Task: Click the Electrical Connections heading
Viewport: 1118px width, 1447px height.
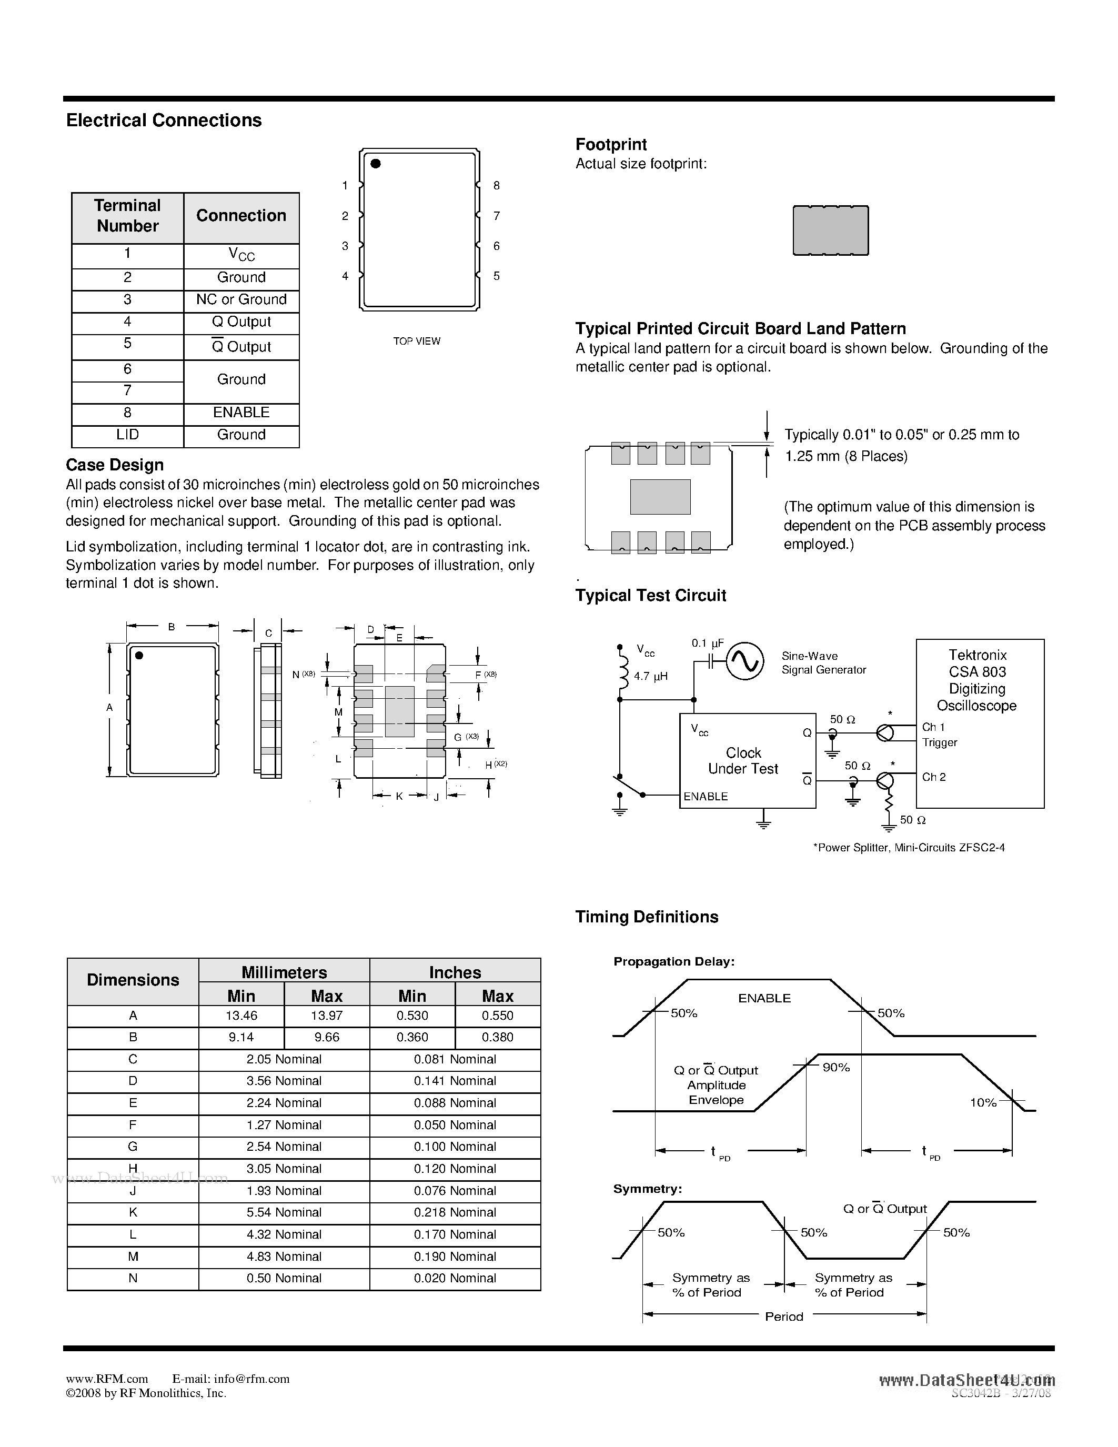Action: coord(164,120)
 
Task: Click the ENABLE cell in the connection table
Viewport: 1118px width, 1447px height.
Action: coord(241,412)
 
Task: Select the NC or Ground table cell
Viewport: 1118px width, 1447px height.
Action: coord(241,299)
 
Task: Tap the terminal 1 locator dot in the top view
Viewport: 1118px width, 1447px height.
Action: coord(376,164)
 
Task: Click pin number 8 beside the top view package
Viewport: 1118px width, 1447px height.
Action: coord(497,186)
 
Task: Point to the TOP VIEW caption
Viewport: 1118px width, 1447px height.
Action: coord(417,341)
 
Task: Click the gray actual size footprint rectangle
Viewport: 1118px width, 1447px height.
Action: coord(831,230)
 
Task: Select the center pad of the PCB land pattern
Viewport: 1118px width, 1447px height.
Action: coord(660,497)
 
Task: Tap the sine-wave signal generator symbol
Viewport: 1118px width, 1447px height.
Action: coord(744,661)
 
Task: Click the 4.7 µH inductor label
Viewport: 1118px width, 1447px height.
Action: coord(650,677)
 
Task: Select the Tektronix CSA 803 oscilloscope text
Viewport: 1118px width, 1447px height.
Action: coord(978,680)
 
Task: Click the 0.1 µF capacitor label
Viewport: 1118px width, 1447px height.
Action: coord(707,644)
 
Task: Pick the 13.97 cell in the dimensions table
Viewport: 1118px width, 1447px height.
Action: coord(327,1016)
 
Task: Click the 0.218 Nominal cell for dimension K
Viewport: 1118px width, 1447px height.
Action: coord(455,1212)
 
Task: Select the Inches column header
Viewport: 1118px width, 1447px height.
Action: coord(455,972)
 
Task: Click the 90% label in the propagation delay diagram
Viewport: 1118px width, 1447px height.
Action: coord(836,1068)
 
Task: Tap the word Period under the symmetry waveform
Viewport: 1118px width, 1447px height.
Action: coord(783,1317)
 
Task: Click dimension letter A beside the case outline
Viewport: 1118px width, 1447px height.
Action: coord(110,708)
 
